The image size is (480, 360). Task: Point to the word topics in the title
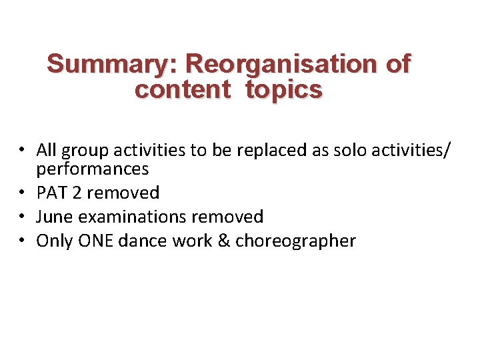coord(283,89)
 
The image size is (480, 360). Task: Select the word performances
coord(93,169)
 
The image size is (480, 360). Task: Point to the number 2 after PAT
coord(77,193)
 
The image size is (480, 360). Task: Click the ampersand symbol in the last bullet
coord(225,241)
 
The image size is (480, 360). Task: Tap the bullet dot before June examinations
coord(23,217)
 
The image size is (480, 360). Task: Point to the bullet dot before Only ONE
coord(23,241)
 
